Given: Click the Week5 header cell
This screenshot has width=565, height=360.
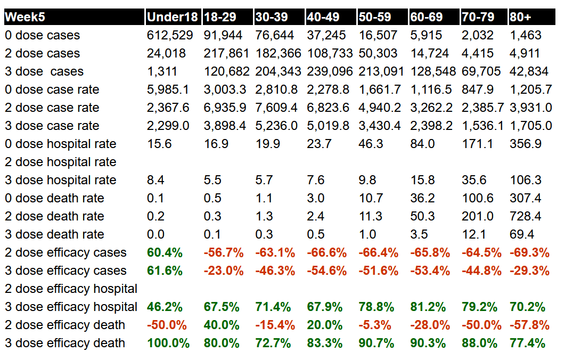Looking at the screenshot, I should (25, 17).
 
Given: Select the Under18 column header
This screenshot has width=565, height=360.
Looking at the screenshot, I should (173, 17).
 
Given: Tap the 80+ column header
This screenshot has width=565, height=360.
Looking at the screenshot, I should (520, 17).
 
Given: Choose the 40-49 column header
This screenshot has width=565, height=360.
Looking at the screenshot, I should (323, 17).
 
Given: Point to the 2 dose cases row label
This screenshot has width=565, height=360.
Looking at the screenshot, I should (43, 53).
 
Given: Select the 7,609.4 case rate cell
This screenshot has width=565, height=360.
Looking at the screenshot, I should (277, 108).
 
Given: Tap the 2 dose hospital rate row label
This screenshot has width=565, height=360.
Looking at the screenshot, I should (61, 162).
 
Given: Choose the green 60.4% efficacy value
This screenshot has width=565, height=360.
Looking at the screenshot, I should (165, 252).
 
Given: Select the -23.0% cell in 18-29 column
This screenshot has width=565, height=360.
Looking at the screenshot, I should (223, 271).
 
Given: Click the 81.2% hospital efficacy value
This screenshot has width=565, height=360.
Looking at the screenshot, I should (428, 307).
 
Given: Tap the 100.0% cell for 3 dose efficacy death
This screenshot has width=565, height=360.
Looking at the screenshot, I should (168, 343).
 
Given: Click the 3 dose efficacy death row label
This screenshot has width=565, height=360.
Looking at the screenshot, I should (65, 343).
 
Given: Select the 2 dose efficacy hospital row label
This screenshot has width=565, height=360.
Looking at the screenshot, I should (71, 289).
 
